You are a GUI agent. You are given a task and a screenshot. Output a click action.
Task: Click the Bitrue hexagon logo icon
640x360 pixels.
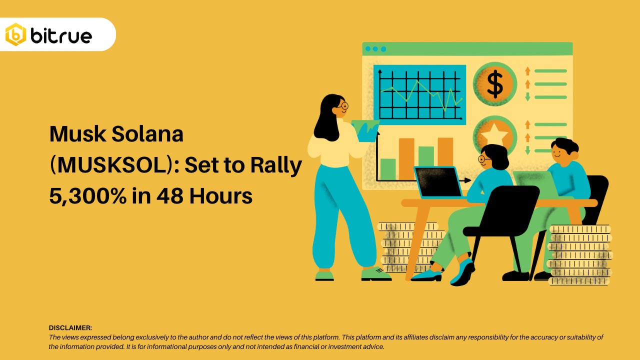point(15,34)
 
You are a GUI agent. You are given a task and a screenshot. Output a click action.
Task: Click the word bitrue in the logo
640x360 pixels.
point(61,35)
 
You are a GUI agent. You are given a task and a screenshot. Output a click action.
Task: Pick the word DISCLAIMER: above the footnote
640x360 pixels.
point(70,328)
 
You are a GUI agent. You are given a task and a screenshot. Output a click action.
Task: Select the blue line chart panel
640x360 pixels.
point(419,94)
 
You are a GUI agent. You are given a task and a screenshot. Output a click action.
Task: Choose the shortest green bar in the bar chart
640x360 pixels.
point(388,169)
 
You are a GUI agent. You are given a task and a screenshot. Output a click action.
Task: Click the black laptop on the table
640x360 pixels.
point(438,182)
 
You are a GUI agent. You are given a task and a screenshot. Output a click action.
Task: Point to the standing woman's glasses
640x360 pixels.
point(342,106)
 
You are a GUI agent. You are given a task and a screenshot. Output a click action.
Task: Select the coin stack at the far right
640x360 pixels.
point(580,255)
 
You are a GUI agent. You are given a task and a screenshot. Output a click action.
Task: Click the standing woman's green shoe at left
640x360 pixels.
point(324,275)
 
